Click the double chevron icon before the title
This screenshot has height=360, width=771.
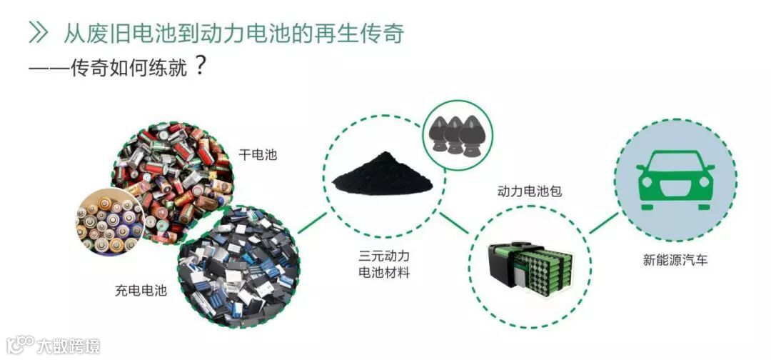point(39,31)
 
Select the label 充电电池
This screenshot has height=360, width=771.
point(141,291)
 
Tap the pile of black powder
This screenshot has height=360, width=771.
point(383,176)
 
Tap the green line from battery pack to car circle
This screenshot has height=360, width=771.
point(603,223)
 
